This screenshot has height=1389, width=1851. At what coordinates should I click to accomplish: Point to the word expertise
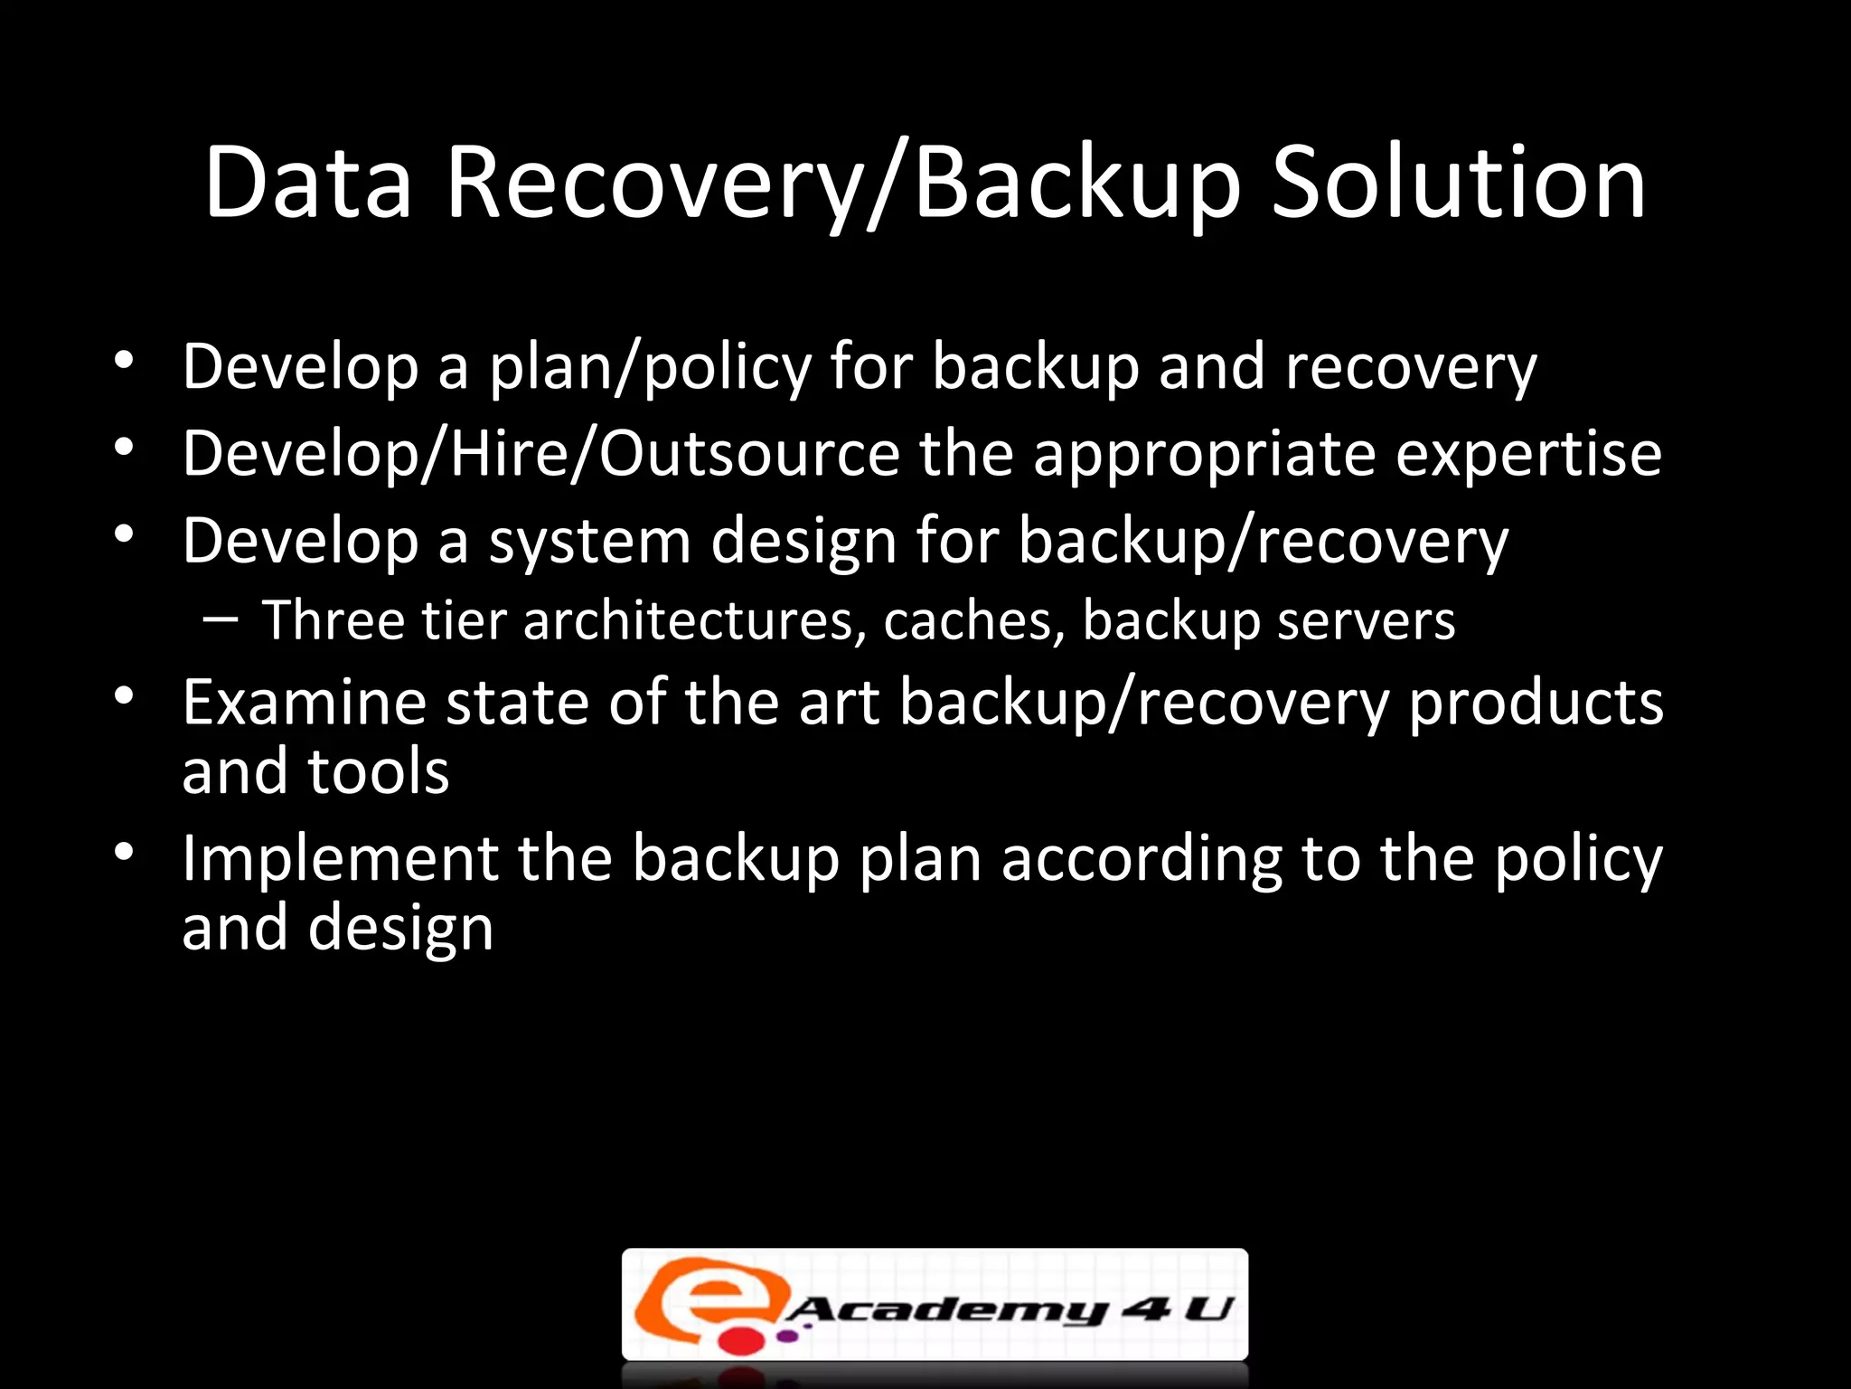tap(1528, 454)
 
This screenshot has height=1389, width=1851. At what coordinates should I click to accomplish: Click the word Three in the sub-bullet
tap(333, 620)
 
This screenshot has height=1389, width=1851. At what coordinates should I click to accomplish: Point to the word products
tap(1536, 704)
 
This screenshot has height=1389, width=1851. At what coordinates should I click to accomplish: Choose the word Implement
tap(340, 859)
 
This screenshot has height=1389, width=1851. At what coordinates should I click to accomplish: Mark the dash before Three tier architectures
tap(221, 619)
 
